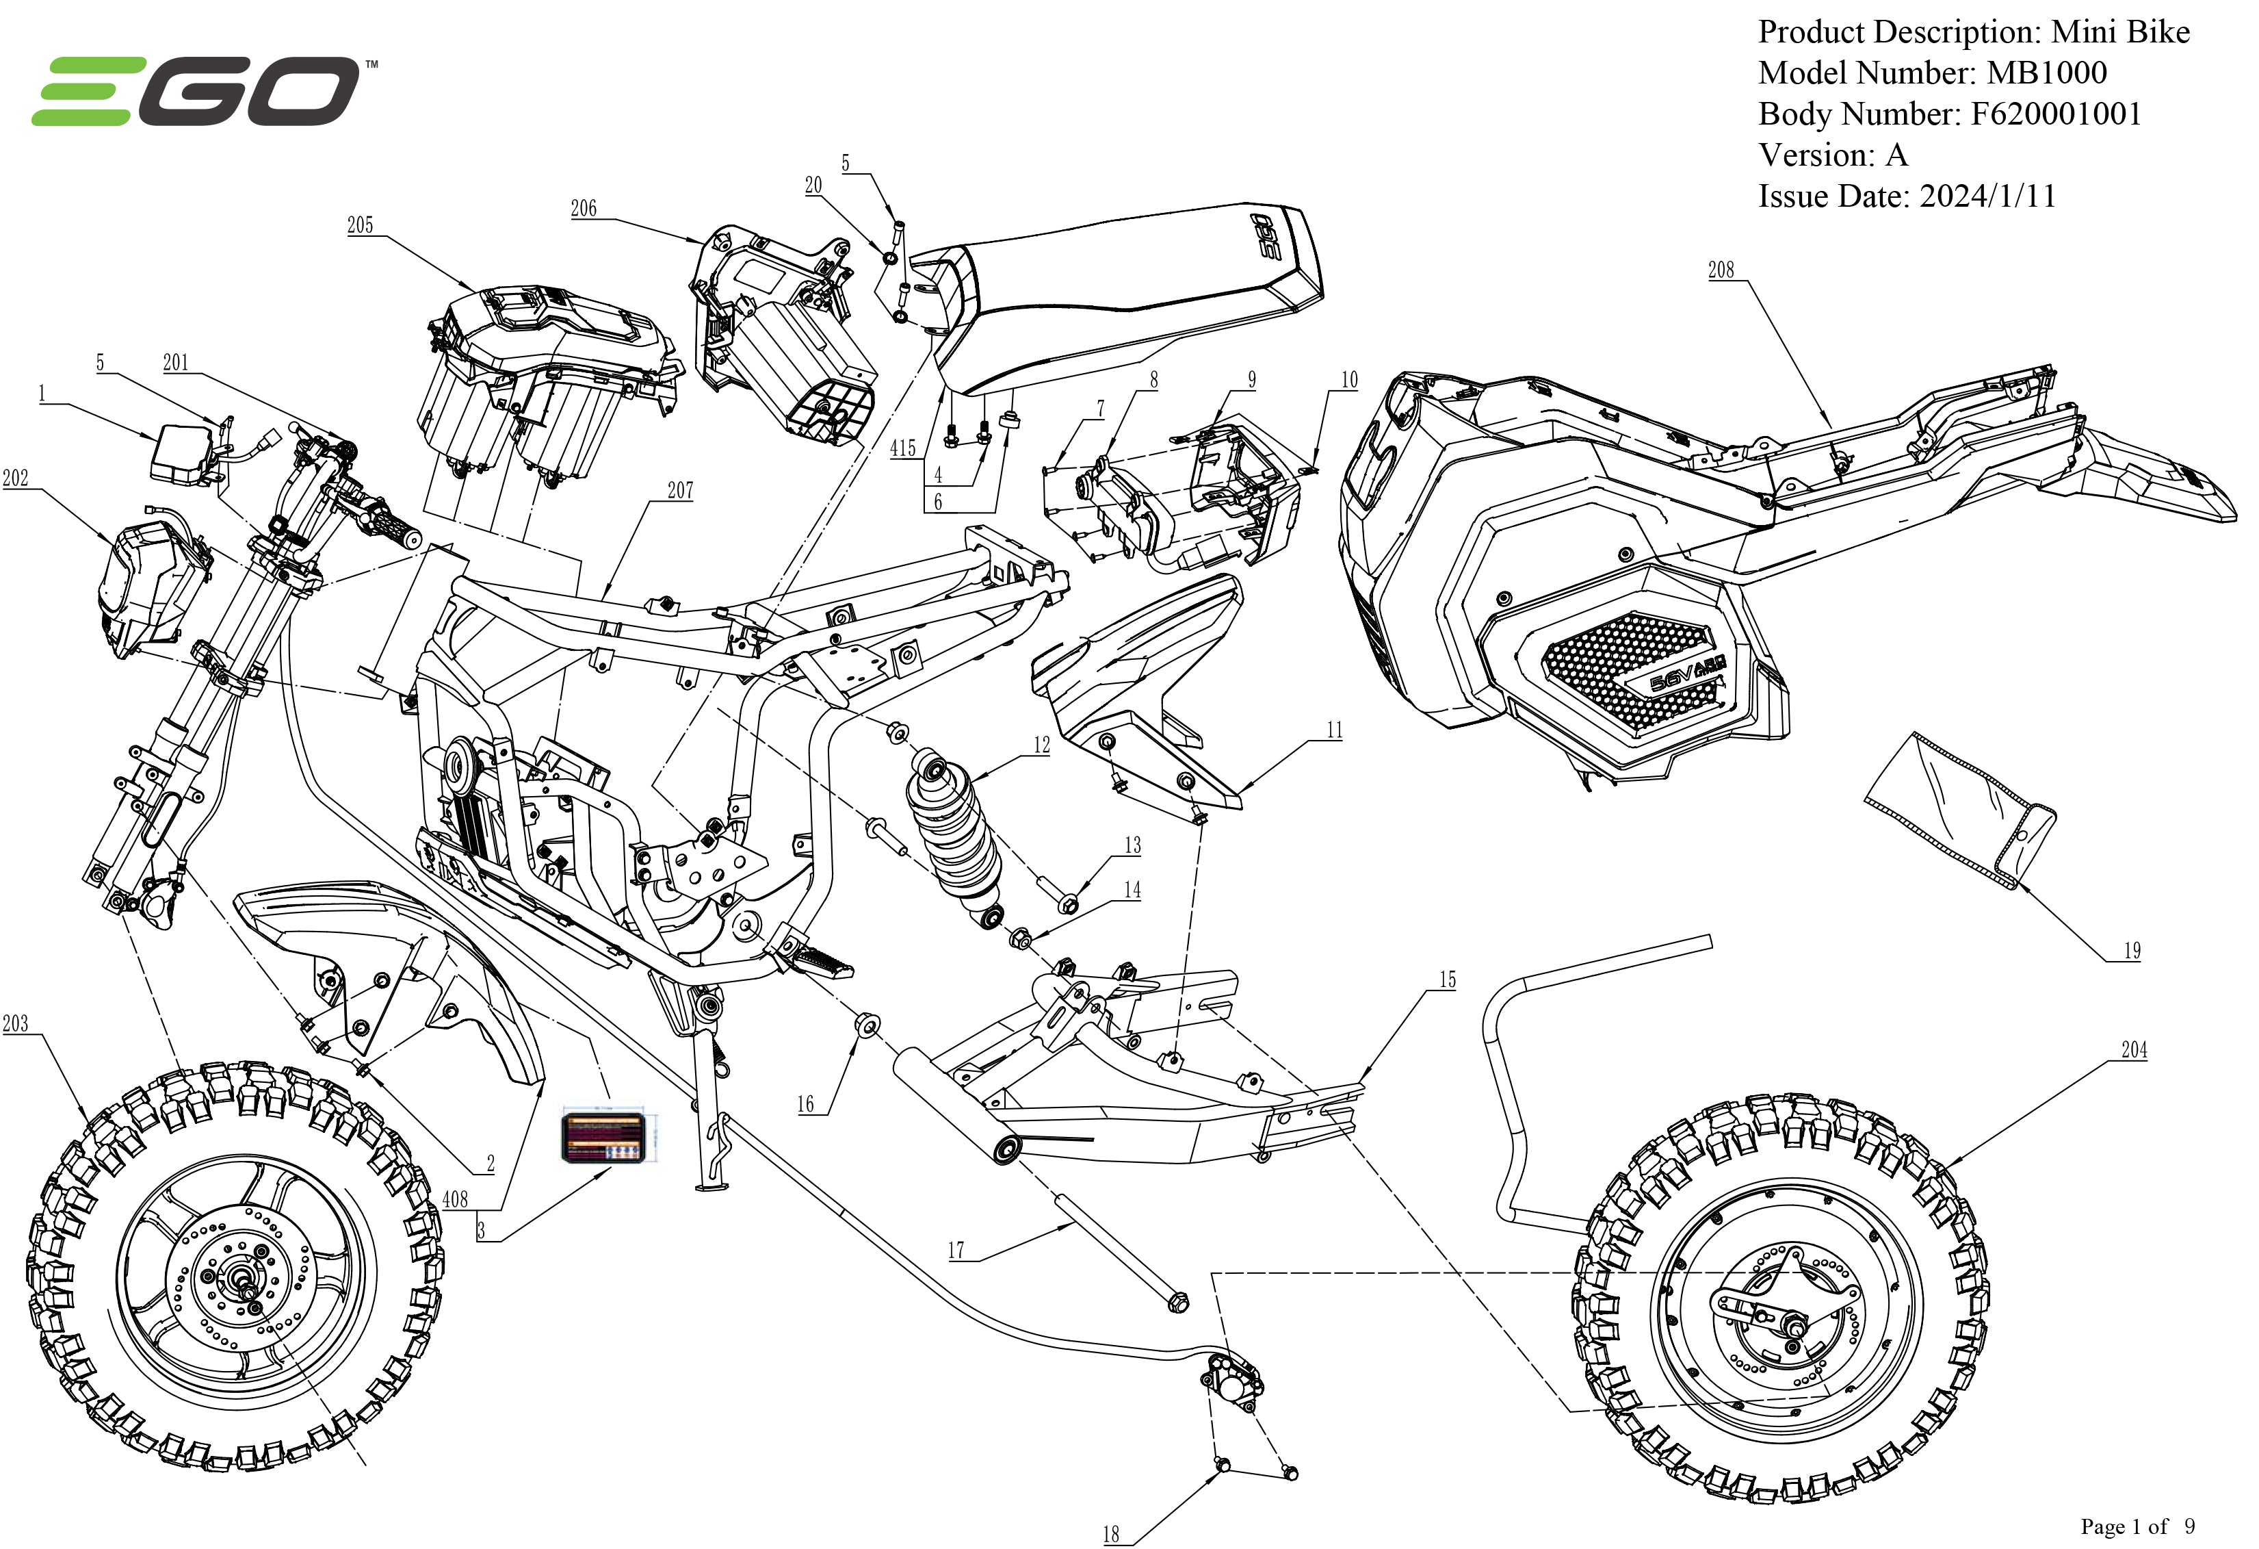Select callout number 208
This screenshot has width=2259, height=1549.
click(x=1721, y=270)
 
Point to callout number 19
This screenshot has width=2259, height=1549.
click(x=2132, y=951)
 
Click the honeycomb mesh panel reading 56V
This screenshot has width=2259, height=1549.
click(x=1633, y=671)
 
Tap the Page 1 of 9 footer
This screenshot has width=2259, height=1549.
click(x=2137, y=1526)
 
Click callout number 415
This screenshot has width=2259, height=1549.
click(x=903, y=448)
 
